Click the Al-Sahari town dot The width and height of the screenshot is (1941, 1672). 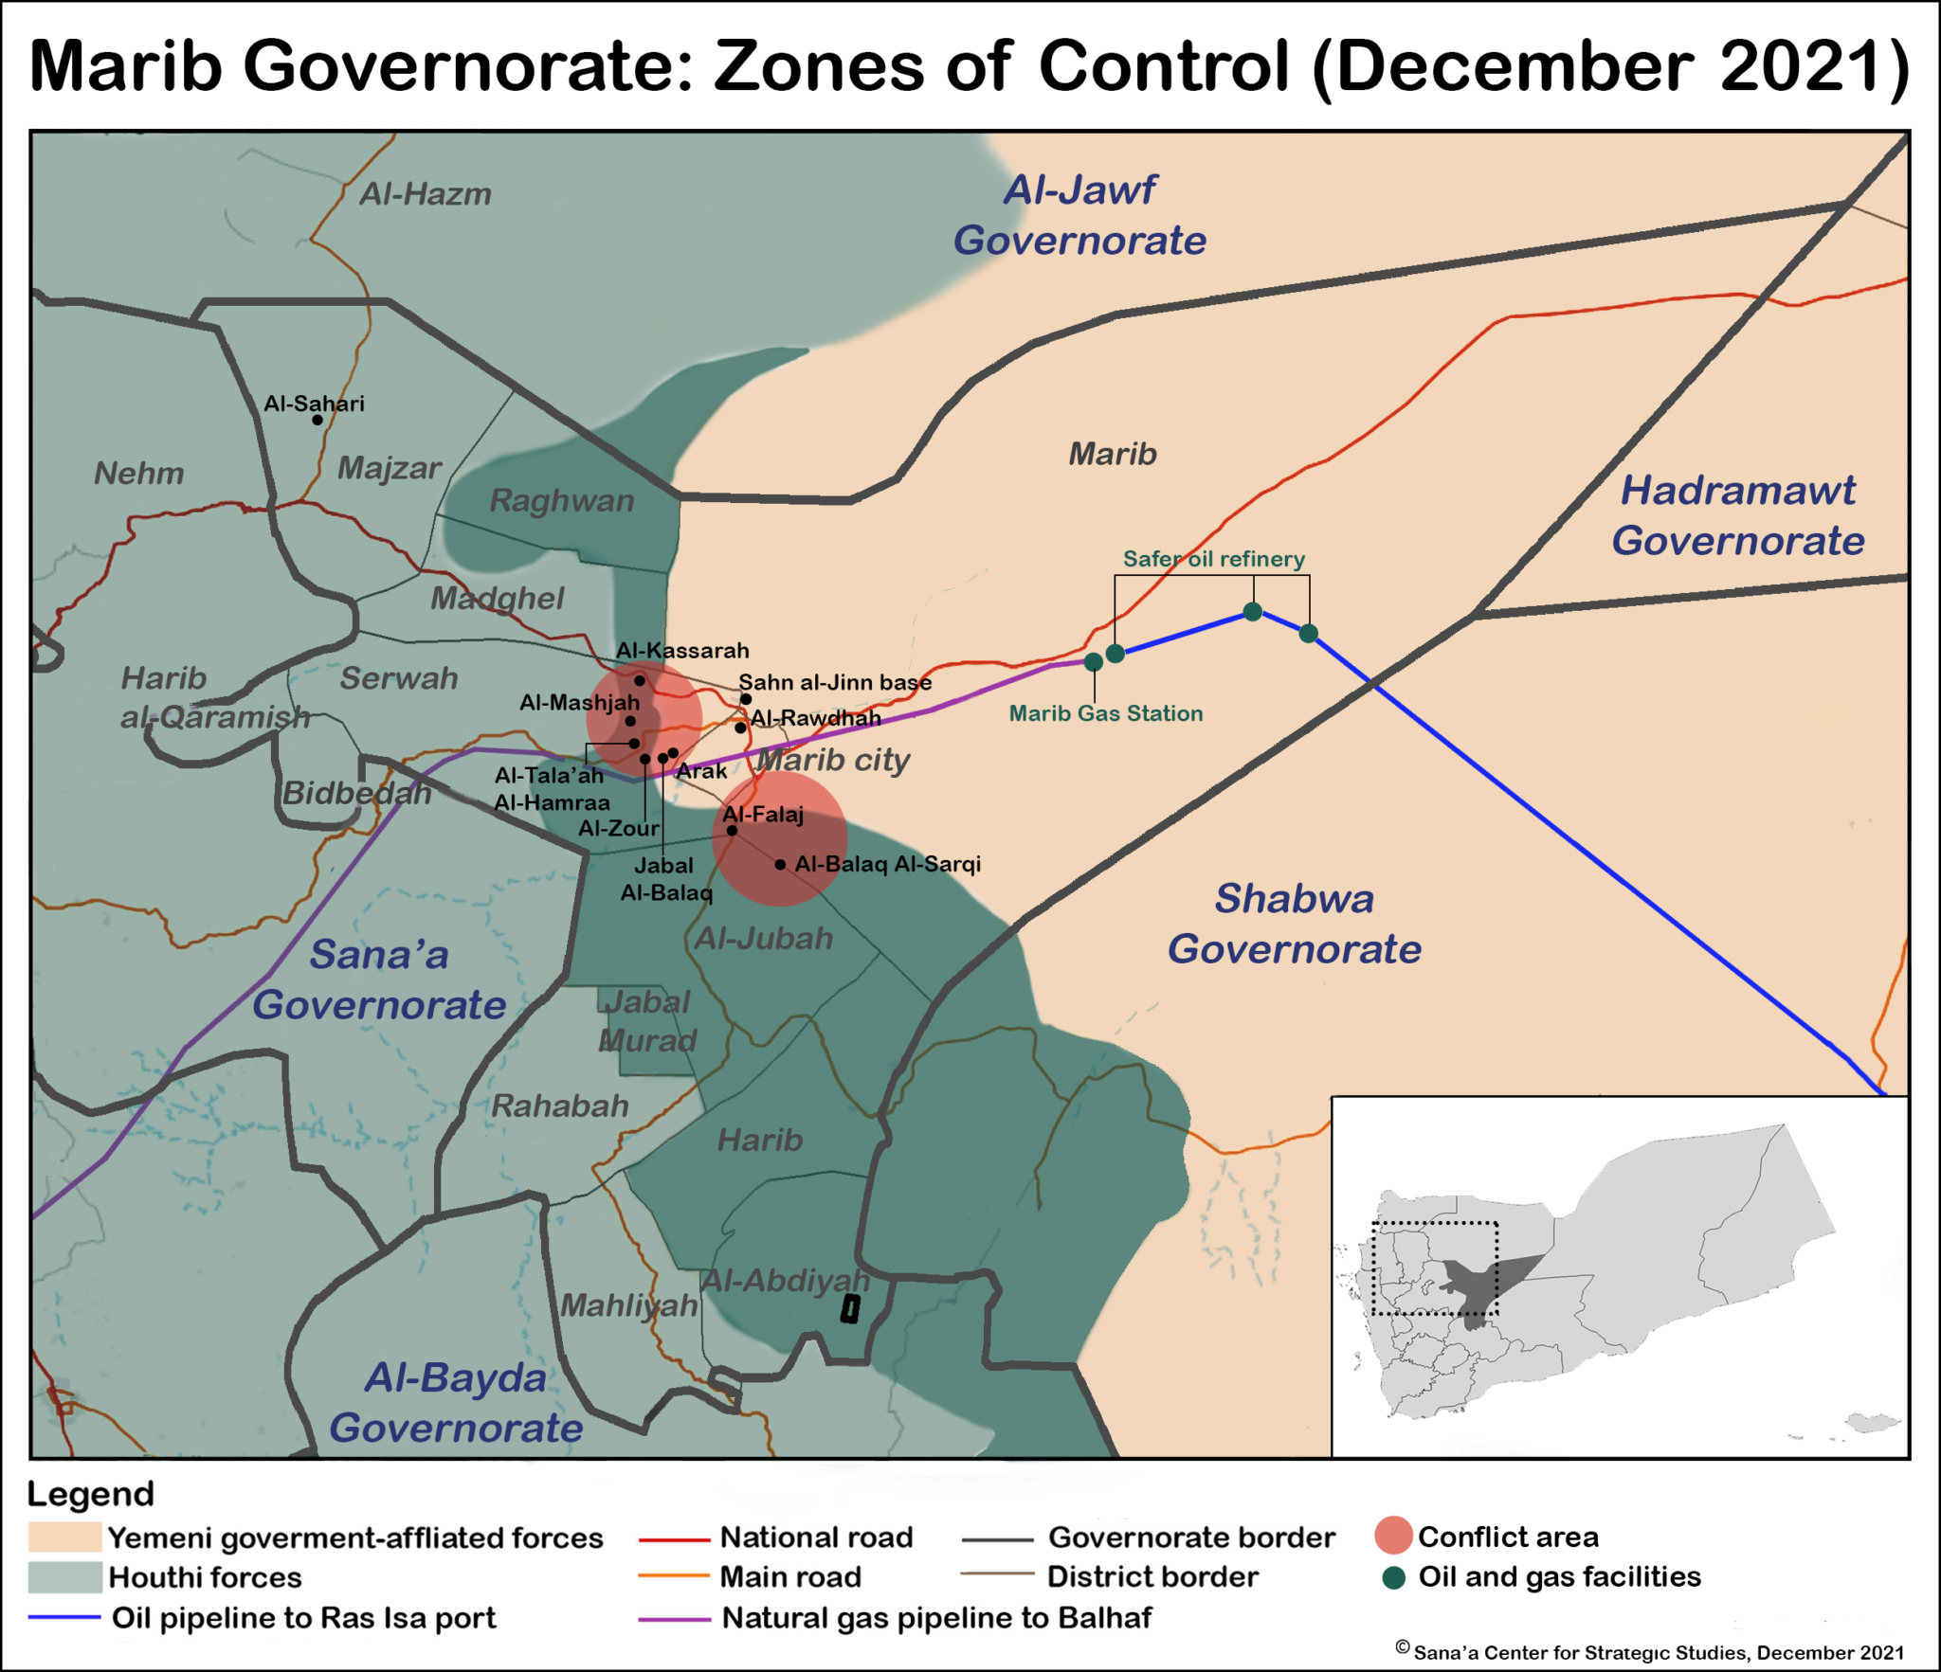(317, 420)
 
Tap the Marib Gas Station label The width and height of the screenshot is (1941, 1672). (1105, 713)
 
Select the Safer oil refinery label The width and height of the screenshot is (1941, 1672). (1213, 559)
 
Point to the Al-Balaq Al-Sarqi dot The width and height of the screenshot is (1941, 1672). (780, 865)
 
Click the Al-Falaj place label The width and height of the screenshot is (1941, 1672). (763, 814)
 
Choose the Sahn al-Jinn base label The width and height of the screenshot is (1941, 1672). (835, 682)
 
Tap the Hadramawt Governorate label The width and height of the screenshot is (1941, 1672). (1738, 515)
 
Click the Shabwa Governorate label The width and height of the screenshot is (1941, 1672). (1295, 924)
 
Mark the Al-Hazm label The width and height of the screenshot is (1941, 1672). (426, 194)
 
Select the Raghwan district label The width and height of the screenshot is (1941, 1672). (561, 500)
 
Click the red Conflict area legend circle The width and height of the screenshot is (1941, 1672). (1393, 1536)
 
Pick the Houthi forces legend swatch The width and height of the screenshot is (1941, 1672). (64, 1577)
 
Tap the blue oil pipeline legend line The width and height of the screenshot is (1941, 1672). (64, 1617)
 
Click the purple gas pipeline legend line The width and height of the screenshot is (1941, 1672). (674, 1619)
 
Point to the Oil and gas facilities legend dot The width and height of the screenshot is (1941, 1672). (1393, 1577)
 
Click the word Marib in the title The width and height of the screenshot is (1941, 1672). (126, 66)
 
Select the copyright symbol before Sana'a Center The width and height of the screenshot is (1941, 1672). (1403, 1647)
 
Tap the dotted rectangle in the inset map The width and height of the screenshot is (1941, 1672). (1435, 1268)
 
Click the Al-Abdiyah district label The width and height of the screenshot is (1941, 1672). (785, 1281)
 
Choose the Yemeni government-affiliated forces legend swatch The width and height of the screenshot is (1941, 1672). (64, 1537)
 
